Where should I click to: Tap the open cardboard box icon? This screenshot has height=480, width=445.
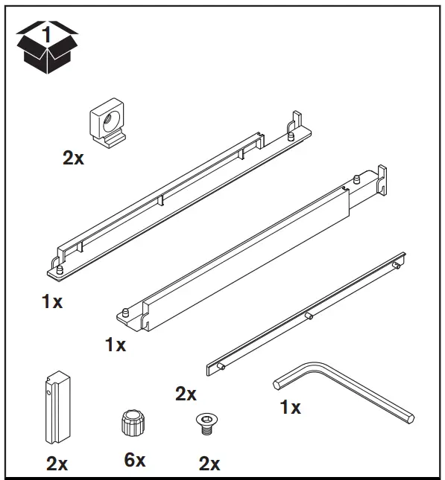tap(46, 47)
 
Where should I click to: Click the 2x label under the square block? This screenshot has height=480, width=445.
tap(74, 159)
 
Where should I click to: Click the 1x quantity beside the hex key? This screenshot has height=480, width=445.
tap(289, 409)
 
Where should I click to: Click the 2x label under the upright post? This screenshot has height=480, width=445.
tap(57, 464)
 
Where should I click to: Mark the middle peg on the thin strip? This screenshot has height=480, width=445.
tap(309, 316)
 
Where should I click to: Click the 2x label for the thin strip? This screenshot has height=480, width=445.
tap(186, 394)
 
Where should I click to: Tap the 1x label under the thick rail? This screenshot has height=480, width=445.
tap(116, 345)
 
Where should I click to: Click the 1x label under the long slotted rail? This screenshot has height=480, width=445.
tap(52, 302)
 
